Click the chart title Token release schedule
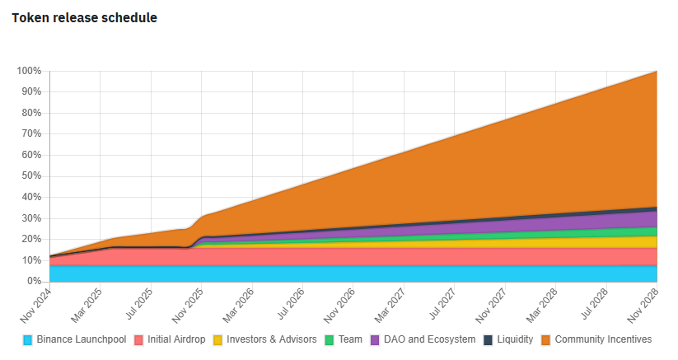85,17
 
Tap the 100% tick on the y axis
29,71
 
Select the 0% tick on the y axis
34,282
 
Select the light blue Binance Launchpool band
330,274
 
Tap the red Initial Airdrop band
330,256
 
